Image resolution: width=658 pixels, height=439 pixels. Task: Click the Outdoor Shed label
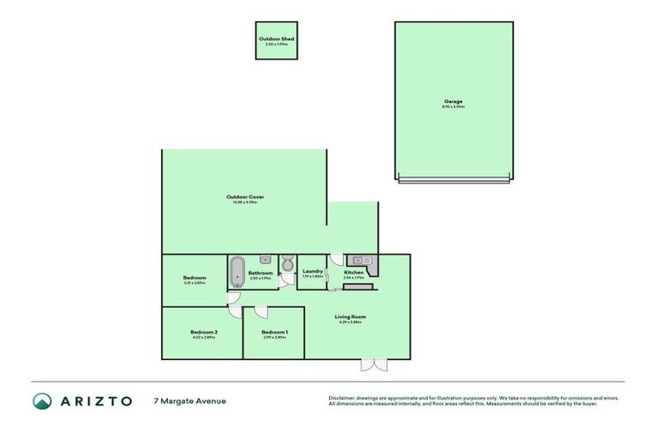(276, 39)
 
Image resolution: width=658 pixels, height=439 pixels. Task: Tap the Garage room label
(453, 101)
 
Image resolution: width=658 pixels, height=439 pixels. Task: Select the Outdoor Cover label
(245, 197)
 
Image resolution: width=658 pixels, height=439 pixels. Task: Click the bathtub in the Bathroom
(236, 272)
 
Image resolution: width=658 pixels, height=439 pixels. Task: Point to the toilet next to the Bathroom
(288, 263)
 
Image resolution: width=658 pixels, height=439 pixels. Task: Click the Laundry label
(312, 271)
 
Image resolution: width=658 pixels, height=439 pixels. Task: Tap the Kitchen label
(354, 272)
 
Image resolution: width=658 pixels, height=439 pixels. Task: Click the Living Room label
(350, 316)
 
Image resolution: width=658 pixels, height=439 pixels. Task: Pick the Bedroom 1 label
(274, 332)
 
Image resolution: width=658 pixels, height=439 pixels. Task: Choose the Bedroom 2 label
(204, 332)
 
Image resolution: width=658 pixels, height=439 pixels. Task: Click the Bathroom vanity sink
(265, 259)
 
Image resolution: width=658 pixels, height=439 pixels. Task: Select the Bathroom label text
(260, 273)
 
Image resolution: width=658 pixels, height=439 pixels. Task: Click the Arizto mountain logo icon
(42, 400)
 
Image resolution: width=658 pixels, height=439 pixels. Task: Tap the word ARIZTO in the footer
(95, 400)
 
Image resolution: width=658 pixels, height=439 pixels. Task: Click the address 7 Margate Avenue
(189, 400)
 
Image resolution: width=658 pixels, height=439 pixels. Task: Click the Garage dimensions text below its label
(453, 107)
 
